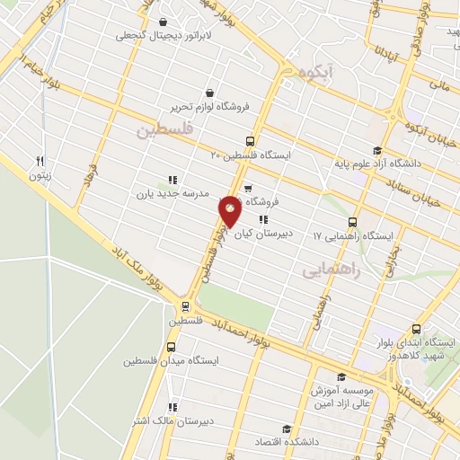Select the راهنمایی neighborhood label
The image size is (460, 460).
(331, 268)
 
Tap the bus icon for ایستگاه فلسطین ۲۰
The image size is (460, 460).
(250, 140)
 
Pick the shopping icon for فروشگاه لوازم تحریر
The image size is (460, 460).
(209, 92)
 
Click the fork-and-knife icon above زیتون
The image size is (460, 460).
(40, 161)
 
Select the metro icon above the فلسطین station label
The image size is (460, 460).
(183, 306)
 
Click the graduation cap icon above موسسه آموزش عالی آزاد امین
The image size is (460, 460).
(341, 378)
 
